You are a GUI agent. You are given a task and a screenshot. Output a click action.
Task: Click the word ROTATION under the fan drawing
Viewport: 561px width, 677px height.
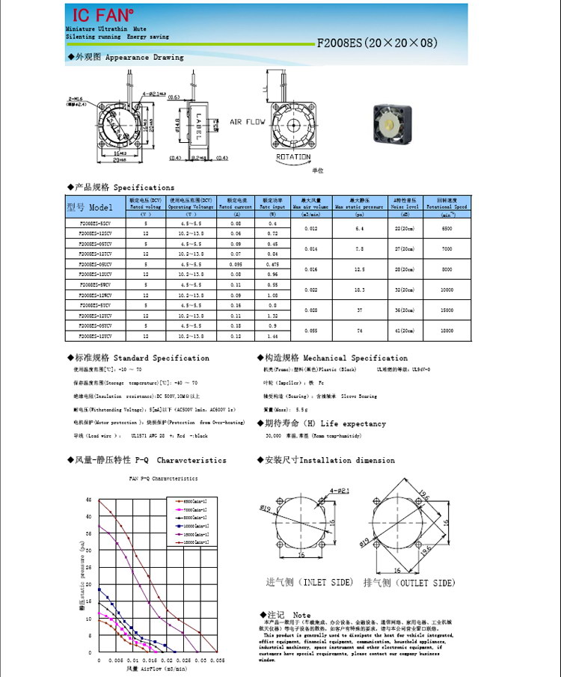click(x=293, y=157)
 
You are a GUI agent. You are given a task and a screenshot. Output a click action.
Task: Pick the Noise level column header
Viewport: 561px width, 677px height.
click(x=405, y=203)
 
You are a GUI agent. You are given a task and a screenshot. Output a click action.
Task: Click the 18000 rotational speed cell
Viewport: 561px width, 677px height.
click(x=447, y=329)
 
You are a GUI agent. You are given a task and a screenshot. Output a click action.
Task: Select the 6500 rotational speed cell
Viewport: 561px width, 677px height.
click(x=447, y=228)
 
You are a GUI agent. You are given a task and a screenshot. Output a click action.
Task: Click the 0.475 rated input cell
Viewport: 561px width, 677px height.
click(x=272, y=264)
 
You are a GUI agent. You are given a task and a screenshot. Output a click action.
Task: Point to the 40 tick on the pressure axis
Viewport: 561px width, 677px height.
click(x=89, y=516)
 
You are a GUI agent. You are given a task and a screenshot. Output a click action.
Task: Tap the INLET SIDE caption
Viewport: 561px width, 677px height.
click(x=299, y=582)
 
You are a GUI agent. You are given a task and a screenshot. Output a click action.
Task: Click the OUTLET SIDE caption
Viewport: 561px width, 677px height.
click(x=408, y=582)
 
